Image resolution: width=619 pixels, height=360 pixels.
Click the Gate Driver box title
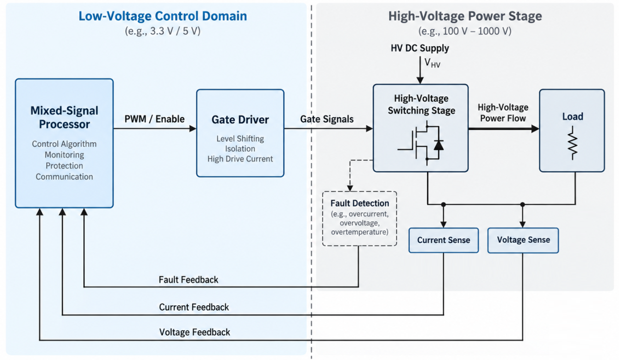tap(240, 120)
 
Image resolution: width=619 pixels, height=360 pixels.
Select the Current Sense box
tap(443, 240)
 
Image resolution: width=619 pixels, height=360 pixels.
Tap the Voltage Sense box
tap(523, 240)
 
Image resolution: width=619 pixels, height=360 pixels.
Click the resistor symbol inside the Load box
tap(572, 143)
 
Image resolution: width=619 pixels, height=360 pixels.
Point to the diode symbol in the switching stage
tap(439, 145)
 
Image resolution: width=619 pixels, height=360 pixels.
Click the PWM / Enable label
tap(154, 119)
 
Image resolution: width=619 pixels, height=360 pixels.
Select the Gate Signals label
tap(327, 119)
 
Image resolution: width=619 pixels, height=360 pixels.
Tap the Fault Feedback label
tap(189, 280)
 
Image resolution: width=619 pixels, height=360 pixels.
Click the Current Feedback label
tap(194, 307)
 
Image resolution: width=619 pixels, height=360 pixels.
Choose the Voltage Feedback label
tap(195, 332)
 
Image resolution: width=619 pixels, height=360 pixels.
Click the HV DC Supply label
tap(420, 48)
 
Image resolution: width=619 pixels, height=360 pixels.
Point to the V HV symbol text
tap(432, 63)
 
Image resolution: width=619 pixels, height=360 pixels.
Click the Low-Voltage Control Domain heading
tap(163, 16)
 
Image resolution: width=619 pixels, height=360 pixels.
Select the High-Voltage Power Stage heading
tap(465, 16)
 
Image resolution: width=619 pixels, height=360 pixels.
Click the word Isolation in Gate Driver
tap(240, 149)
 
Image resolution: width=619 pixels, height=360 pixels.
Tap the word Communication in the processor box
tap(64, 177)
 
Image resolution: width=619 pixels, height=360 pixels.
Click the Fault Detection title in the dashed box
tap(359, 203)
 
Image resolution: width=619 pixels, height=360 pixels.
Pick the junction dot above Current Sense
tap(443, 204)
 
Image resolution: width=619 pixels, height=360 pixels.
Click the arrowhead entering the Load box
tap(535, 129)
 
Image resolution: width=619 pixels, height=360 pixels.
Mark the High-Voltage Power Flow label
tap(503, 113)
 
